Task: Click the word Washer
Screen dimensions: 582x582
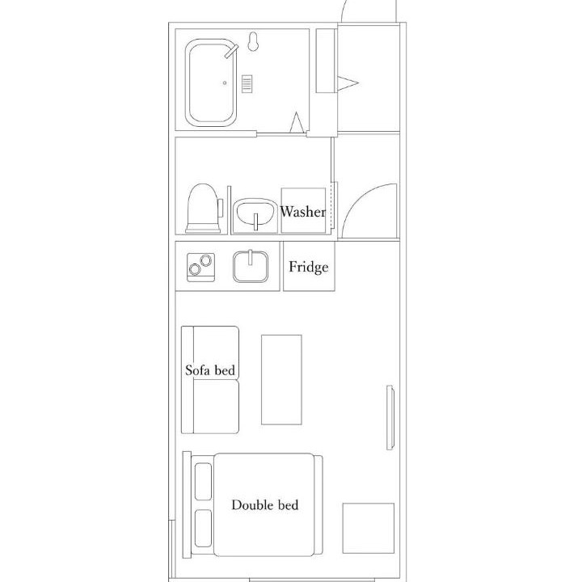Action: pyautogui.click(x=303, y=212)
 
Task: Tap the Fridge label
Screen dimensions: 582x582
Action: pyautogui.click(x=309, y=267)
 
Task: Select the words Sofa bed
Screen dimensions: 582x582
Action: pyautogui.click(x=210, y=370)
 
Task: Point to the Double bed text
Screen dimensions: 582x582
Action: pyautogui.click(x=264, y=504)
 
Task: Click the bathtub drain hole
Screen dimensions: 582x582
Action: pyautogui.click(x=225, y=82)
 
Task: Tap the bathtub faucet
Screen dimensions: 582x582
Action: pyautogui.click(x=231, y=51)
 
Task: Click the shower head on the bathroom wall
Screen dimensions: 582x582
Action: pyautogui.click(x=253, y=41)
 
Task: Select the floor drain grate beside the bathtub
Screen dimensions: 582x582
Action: pyautogui.click(x=247, y=84)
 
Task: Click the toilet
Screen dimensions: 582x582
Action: pyautogui.click(x=203, y=209)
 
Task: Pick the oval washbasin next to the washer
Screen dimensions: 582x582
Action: pyautogui.click(x=255, y=213)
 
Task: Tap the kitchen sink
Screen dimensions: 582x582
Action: pyautogui.click(x=250, y=267)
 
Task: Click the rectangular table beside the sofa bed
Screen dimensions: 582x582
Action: pyautogui.click(x=281, y=380)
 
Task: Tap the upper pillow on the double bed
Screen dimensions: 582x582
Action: pyautogui.click(x=203, y=482)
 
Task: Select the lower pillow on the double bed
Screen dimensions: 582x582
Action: pyautogui.click(x=203, y=528)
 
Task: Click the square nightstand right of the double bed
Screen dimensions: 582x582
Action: pyautogui.click(x=369, y=528)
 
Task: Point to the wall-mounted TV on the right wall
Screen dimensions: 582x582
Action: pyautogui.click(x=390, y=418)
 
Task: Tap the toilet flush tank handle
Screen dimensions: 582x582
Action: pyautogui.click(x=221, y=208)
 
